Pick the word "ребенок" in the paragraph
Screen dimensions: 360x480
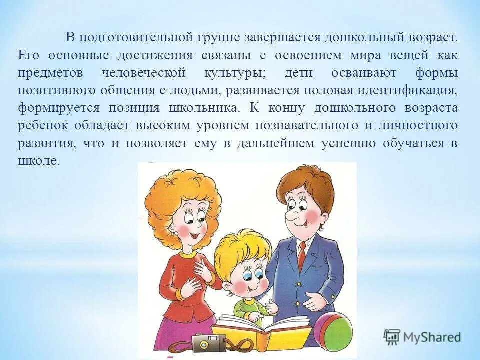click(43, 125)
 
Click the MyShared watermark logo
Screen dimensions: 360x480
click(422, 337)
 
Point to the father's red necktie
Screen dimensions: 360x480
click(301, 255)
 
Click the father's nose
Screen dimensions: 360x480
click(290, 212)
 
